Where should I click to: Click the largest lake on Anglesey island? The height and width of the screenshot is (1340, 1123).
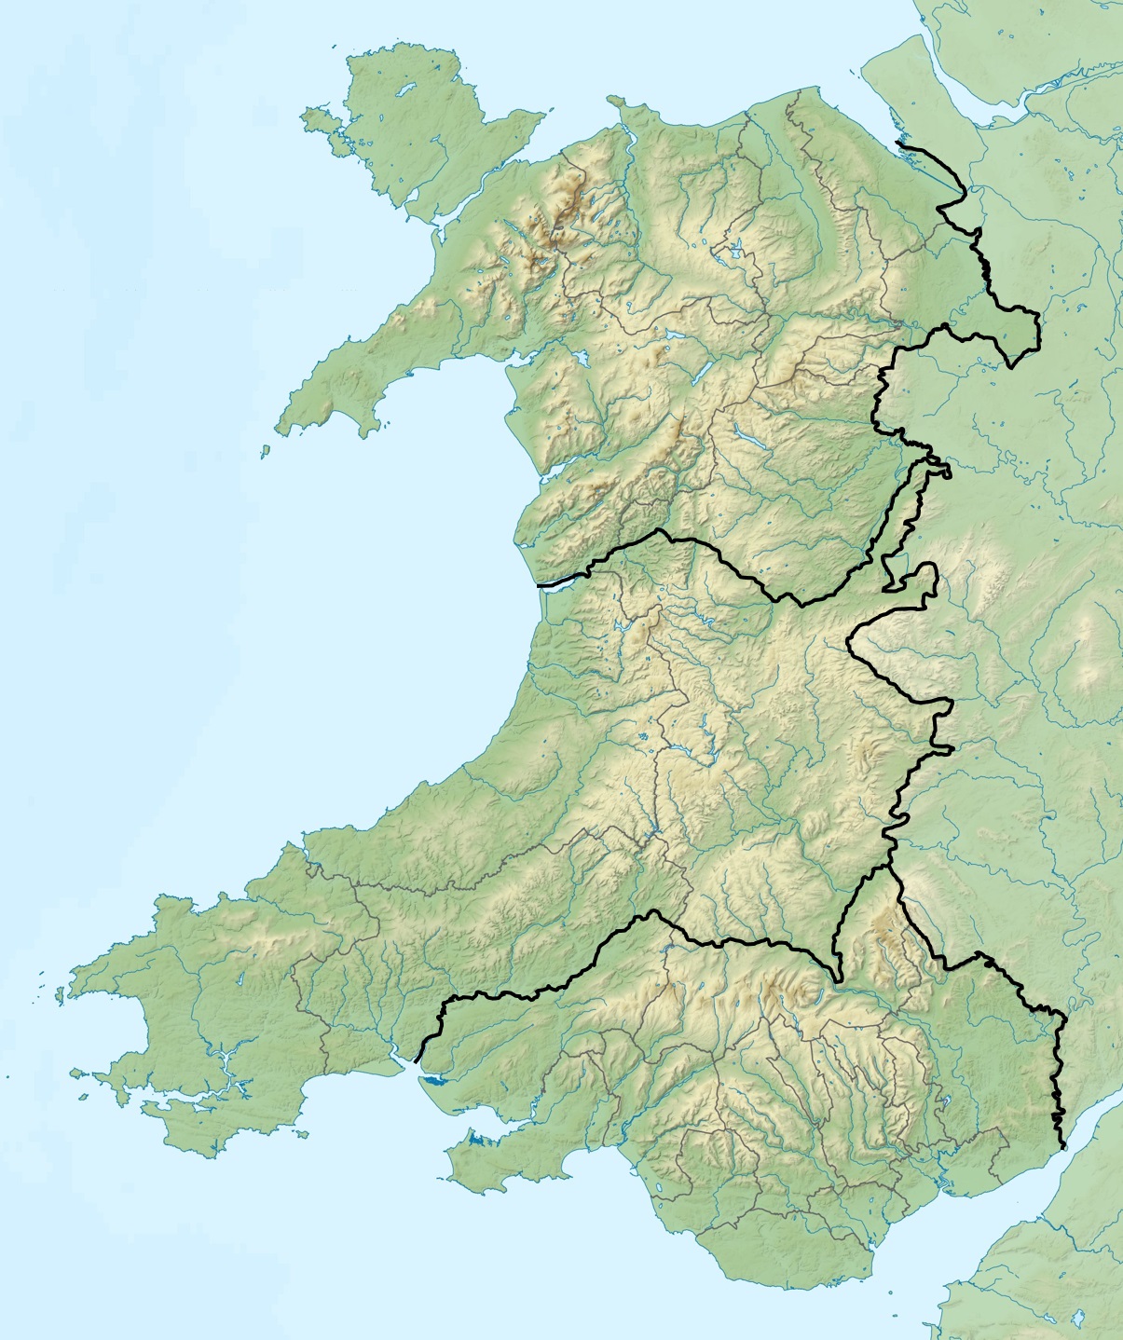(406, 91)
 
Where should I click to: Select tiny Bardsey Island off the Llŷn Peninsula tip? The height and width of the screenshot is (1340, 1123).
(265, 451)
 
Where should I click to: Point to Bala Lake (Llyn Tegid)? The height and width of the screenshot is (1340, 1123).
(700, 373)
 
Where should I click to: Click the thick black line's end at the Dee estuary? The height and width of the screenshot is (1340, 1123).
(897, 142)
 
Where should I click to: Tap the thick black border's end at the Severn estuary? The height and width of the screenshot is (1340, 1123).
(1062, 1147)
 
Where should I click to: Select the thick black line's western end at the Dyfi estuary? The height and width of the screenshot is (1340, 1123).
(539, 585)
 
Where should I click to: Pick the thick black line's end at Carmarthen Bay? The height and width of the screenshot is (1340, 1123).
(416, 1060)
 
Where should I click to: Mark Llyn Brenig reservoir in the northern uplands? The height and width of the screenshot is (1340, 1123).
(735, 250)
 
